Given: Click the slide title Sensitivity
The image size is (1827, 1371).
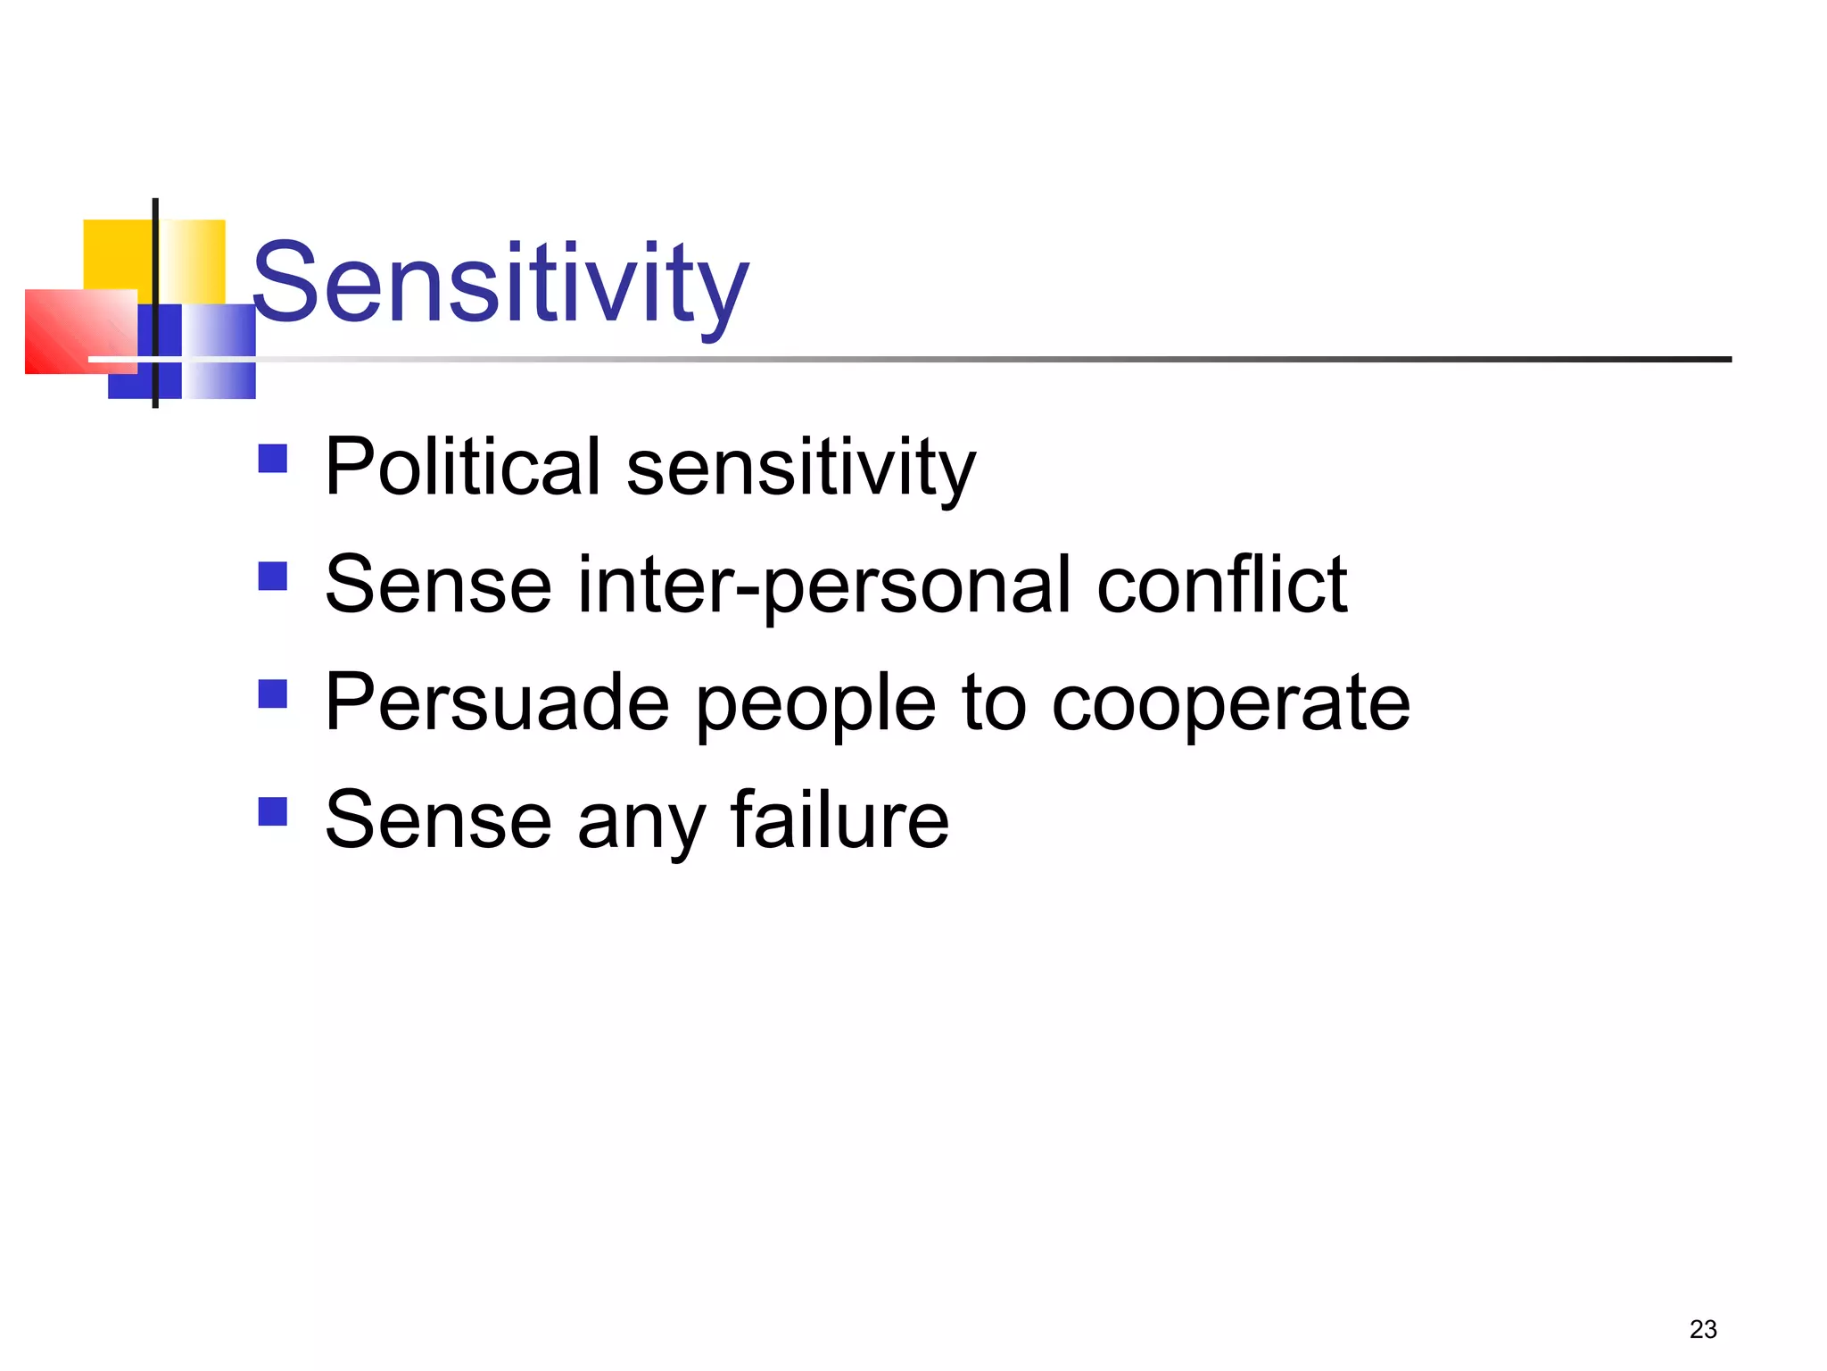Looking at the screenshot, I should click(x=500, y=284).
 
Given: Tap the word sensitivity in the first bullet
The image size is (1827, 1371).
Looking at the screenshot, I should click(x=800, y=468).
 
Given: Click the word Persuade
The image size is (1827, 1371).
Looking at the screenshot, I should click(x=497, y=703).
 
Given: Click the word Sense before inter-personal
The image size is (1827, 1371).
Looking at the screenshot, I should click(x=438, y=586).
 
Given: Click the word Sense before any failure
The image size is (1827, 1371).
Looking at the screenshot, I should click(x=438, y=821).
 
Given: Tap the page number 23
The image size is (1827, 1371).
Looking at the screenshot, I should click(x=1702, y=1329).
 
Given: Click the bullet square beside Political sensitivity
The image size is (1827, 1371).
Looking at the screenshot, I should click(x=272, y=458).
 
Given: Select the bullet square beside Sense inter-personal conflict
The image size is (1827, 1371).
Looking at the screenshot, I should click(x=272, y=576).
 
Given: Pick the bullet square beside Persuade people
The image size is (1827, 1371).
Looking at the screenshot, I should click(x=272, y=694).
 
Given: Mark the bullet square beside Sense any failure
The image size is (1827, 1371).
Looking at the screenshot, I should click(x=272, y=811).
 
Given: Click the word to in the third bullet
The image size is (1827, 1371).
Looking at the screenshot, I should click(x=994, y=703).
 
